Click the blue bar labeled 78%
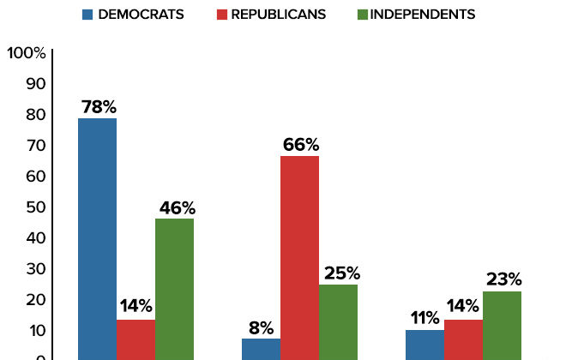tap(97, 238)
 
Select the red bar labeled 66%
tap(299, 257)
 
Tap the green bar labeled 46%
tap(174, 289)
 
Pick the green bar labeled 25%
tap(338, 321)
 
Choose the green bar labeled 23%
tap(502, 325)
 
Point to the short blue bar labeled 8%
tap(261, 349)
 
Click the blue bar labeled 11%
tap(424, 345)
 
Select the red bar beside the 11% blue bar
tap(463, 339)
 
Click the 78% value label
tap(98, 108)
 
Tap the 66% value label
tap(300, 145)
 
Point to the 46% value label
tap(176, 207)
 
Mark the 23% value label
tap(503, 279)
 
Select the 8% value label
tap(262, 327)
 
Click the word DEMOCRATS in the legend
tap(141, 15)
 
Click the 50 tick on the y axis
tap(34, 207)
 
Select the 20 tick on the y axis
tap(34, 300)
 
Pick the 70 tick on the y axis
tap(34, 146)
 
